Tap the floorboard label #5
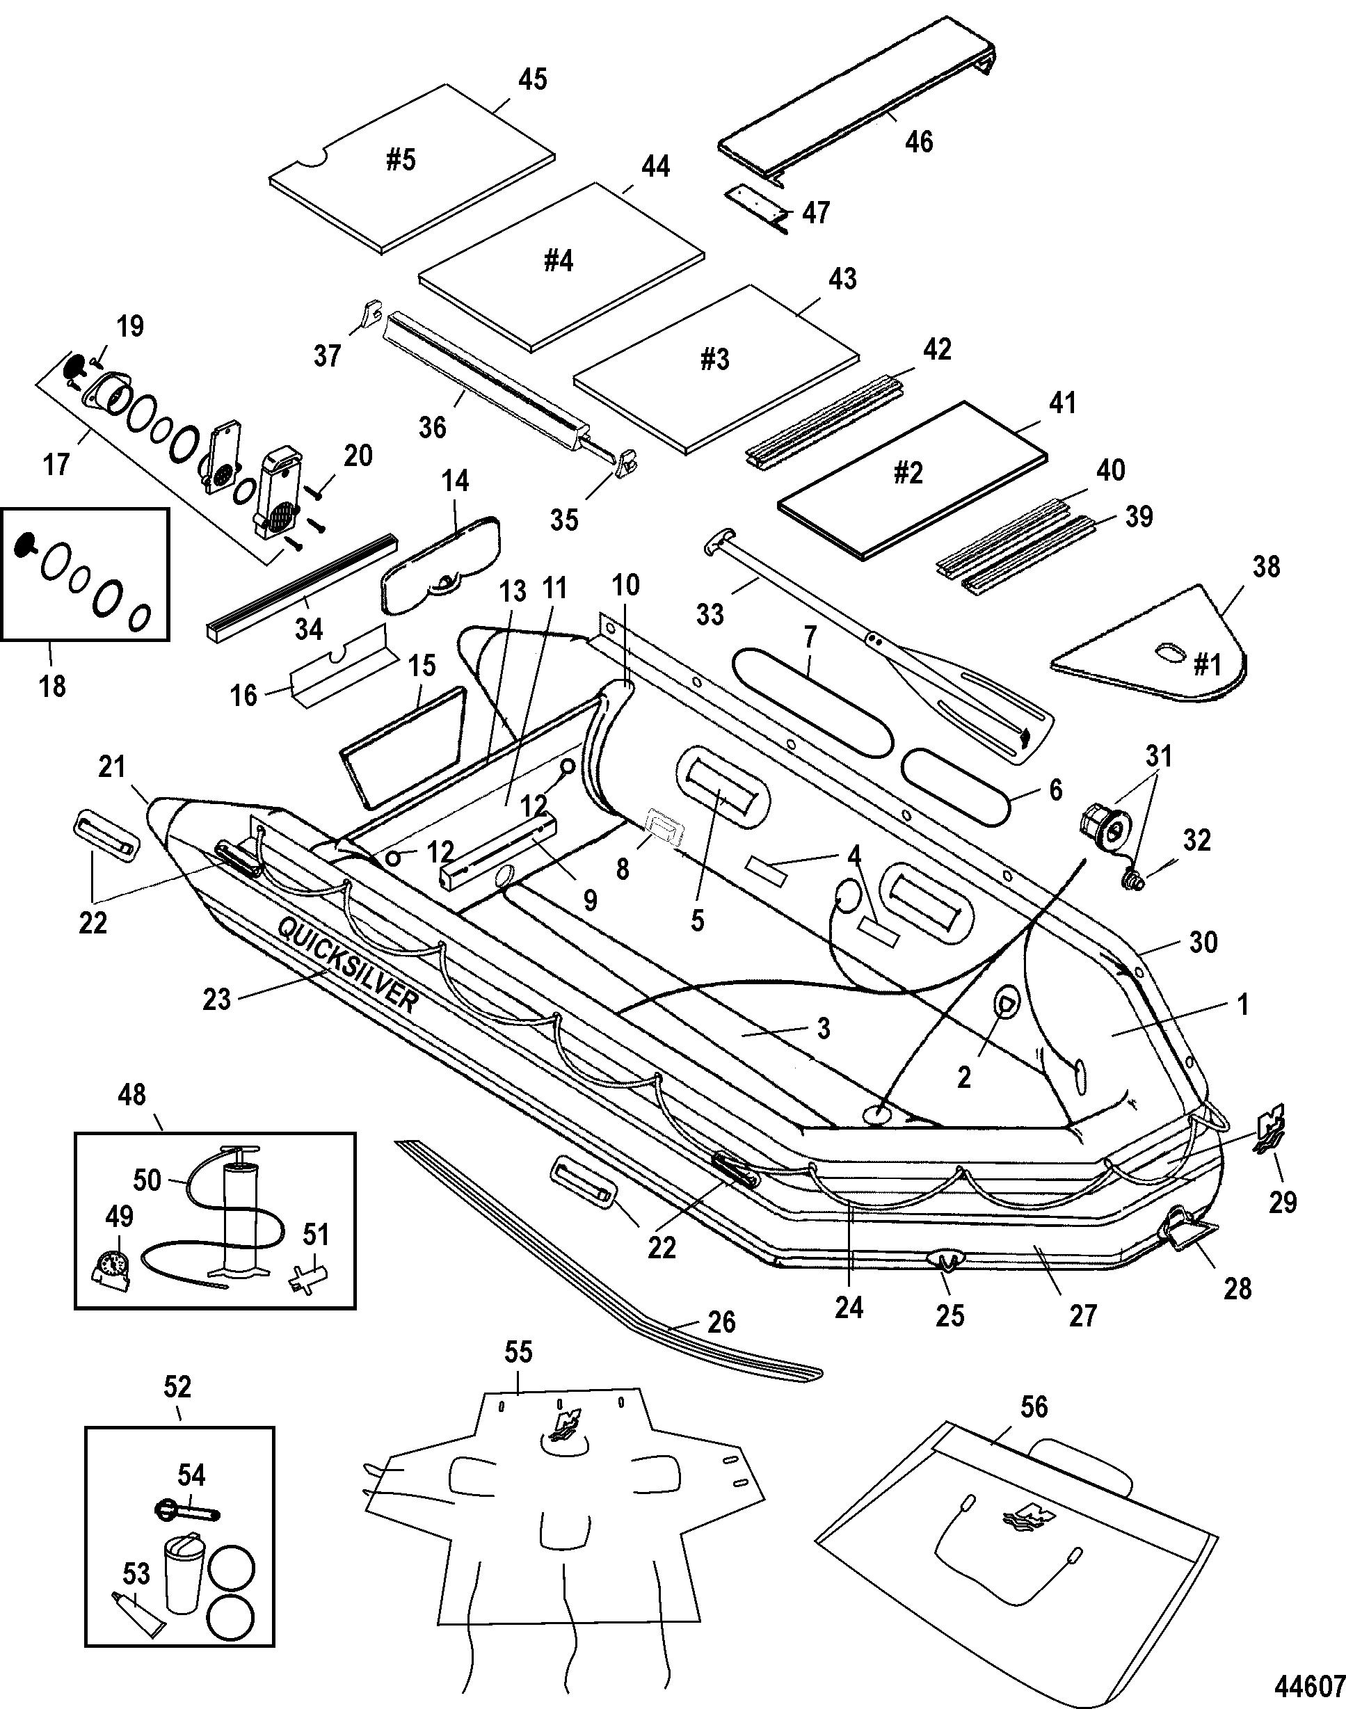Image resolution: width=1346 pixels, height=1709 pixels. [401, 160]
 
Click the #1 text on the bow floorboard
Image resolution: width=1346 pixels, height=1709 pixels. [1205, 666]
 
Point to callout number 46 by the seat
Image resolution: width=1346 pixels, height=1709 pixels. [920, 142]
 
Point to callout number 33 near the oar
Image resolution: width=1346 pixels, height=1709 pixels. [710, 615]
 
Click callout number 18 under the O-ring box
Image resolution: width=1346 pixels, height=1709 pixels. [53, 687]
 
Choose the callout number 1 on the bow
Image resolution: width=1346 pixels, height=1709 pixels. [1244, 1004]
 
